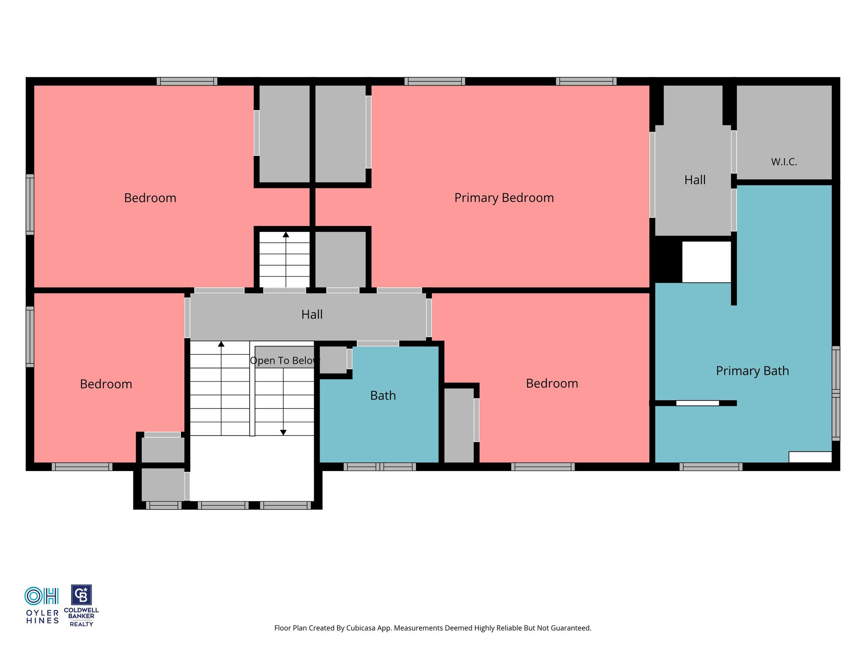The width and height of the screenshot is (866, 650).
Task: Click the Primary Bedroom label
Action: click(504, 198)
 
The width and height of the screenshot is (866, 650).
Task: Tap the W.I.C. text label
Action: click(784, 162)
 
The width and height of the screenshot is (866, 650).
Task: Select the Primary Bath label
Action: click(752, 371)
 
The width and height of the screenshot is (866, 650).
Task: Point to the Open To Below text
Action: click(284, 361)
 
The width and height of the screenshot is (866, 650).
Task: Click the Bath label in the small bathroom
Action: click(383, 395)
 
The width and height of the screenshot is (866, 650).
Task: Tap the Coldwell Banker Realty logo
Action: click(81, 606)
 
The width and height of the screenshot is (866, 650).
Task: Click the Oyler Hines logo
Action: click(42, 606)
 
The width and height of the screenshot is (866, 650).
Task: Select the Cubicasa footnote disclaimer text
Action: click(433, 628)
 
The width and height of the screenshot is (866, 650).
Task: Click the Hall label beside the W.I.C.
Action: click(695, 180)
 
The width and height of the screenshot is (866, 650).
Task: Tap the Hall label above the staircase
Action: click(312, 314)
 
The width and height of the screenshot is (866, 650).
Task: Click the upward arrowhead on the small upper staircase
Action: click(286, 234)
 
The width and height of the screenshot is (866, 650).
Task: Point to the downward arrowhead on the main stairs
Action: click(283, 432)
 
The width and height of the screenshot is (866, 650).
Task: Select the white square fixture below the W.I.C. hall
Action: click(707, 262)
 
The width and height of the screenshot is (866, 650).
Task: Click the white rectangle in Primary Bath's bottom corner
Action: click(810, 457)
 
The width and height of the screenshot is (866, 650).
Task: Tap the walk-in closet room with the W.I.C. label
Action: click(784, 132)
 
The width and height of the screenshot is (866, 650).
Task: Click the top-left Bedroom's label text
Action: click(150, 198)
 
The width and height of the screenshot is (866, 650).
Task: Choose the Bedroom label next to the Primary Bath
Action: click(552, 383)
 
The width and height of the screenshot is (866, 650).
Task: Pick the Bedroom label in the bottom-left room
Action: click(106, 384)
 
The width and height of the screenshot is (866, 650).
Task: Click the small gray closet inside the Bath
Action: click(333, 360)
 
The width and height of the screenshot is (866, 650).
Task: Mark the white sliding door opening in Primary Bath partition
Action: click(697, 403)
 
